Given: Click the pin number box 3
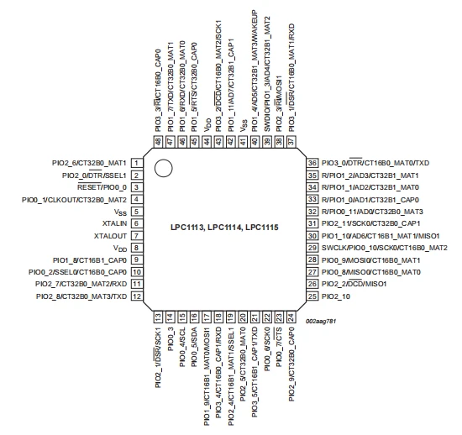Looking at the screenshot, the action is [136, 187].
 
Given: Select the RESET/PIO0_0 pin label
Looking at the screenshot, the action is [102, 187].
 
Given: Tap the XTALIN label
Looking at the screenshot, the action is [114, 223].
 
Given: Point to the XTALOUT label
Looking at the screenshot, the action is [110, 236].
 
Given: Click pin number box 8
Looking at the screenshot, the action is [136, 248].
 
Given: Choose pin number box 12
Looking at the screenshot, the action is [136, 296].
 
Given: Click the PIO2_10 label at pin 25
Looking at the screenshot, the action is [336, 296].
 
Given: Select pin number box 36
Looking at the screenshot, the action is [312, 163].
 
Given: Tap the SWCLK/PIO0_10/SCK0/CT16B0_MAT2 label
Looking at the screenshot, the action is [385, 248].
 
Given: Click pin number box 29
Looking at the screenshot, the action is [312, 248].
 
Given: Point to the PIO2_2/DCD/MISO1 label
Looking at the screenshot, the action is [354, 284].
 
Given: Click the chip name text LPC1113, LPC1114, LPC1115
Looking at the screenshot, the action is [224, 228].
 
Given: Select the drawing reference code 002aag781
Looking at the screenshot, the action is [321, 321].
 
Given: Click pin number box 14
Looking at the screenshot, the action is [171, 317].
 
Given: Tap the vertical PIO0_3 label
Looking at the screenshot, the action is [171, 338].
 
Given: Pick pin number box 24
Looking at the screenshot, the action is [291, 317].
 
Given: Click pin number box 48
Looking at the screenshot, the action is [158, 142].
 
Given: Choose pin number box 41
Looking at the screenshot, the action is [243, 142].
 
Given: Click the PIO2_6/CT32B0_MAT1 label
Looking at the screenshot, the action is [89, 163].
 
